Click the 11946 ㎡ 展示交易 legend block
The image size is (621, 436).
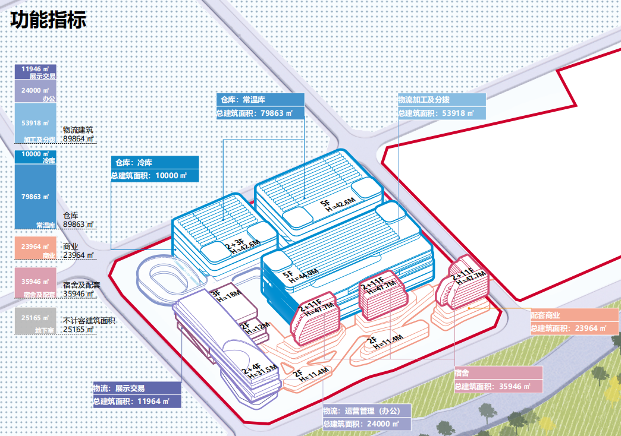coord(36,72)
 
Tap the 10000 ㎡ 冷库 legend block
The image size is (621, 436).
coord(36,157)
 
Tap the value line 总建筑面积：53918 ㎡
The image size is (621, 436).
coord(441,113)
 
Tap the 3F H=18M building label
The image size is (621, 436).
coord(224,295)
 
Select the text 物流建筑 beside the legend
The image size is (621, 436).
coord(78,129)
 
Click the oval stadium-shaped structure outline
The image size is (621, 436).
coord(161,276)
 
